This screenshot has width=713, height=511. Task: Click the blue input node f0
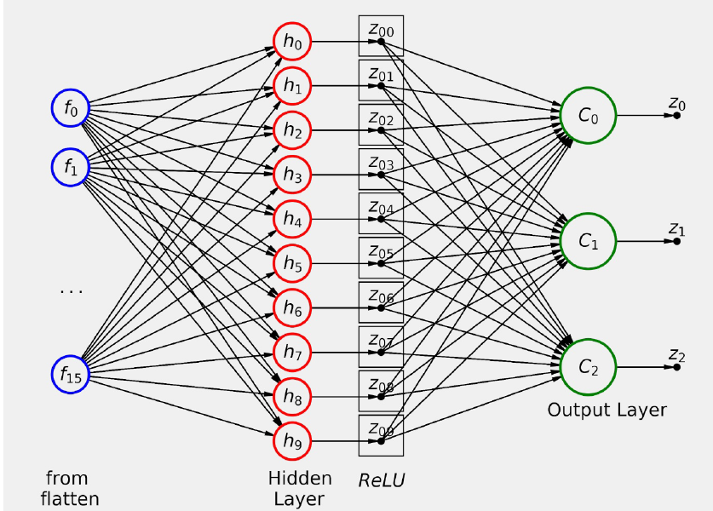[x=70, y=108]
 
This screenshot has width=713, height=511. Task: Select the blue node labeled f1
[x=70, y=167]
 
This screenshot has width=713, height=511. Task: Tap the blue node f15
[x=70, y=373]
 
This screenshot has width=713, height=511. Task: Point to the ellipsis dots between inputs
[x=71, y=291]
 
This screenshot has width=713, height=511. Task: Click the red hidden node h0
[x=292, y=41]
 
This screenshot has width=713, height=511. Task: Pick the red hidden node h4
[x=292, y=219]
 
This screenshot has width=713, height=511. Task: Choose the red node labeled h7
[x=292, y=352]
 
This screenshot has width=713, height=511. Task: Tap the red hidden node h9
[x=292, y=441]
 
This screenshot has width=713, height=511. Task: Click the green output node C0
[x=589, y=116]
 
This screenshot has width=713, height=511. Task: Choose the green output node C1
[x=589, y=241]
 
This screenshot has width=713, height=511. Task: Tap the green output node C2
[x=589, y=367]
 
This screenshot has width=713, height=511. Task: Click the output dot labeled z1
[x=676, y=241]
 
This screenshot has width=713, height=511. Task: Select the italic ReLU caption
[x=381, y=480]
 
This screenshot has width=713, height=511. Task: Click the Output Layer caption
[x=607, y=411]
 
